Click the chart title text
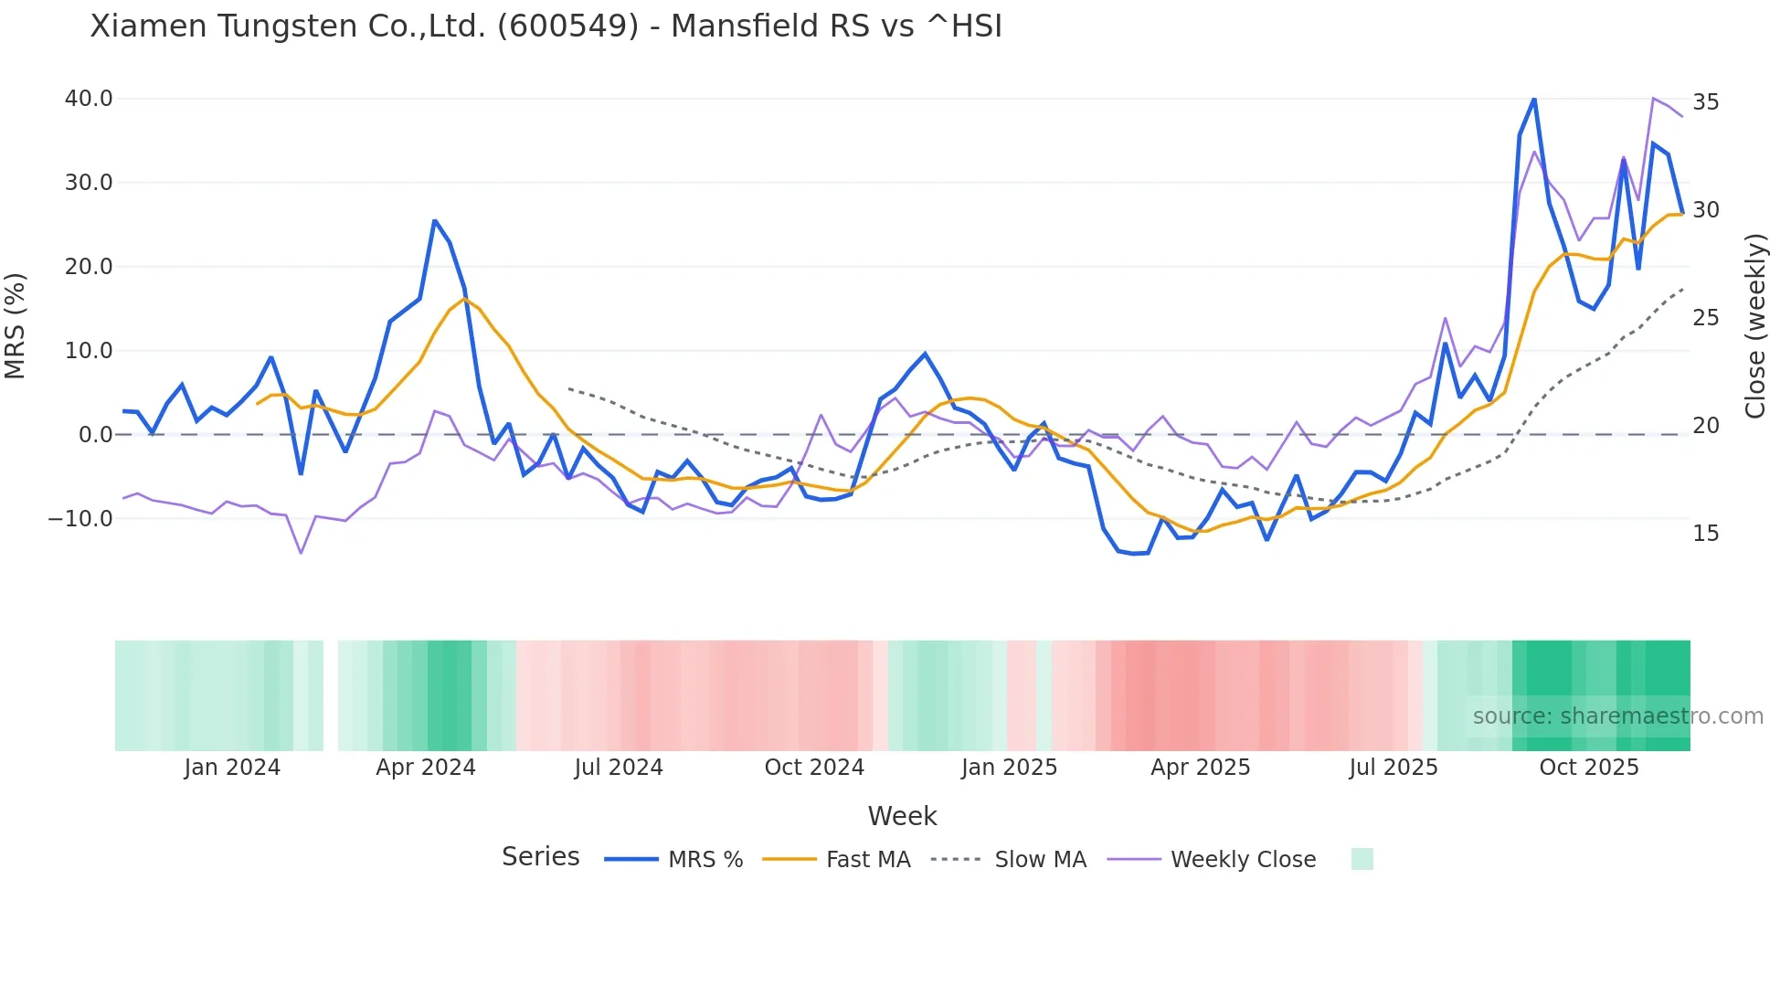coord(546,26)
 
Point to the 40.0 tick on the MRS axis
coord(89,99)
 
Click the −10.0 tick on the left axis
coord(80,519)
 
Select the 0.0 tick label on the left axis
coord(96,435)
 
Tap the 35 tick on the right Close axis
coord(1705,102)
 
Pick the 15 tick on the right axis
coord(1705,534)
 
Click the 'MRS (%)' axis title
coord(15,325)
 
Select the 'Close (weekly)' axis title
coord(1754,325)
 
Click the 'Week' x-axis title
coord(902,816)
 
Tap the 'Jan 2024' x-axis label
coord(232,768)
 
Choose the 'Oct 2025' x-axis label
coord(1589,768)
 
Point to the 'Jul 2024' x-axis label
coord(619,768)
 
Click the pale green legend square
coord(1362,859)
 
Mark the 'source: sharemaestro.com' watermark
coord(1617,716)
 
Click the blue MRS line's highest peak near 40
coord(1533,99)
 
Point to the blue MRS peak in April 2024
coord(435,221)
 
